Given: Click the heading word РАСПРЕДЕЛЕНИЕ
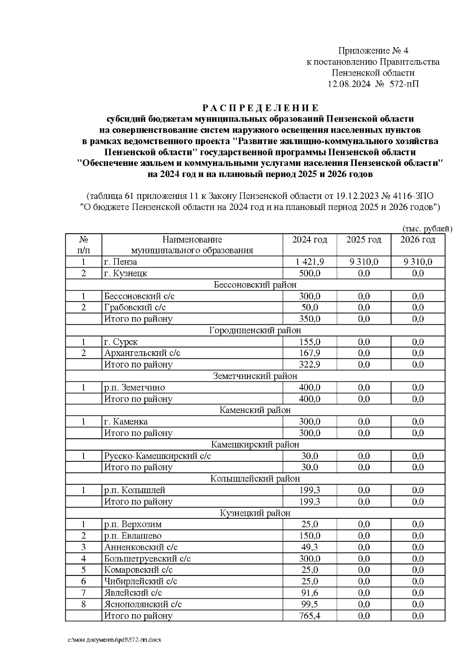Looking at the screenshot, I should click(x=260, y=108).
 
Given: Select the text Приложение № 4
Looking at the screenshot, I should click(x=373, y=51).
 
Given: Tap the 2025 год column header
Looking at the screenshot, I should click(x=363, y=240).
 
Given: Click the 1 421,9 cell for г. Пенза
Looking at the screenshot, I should click(x=310, y=262).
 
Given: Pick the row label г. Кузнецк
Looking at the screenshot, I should click(x=125, y=273).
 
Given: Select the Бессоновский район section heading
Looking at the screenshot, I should click(x=255, y=285).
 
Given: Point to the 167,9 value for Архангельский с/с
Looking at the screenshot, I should click(x=310, y=353).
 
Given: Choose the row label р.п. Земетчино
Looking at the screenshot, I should click(x=135, y=387).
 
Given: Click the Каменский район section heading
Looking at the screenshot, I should click(x=255, y=410).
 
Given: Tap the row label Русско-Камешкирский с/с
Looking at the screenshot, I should click(x=158, y=456).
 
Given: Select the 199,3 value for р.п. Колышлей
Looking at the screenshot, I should click(x=310, y=490).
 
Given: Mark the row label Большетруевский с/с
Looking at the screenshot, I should click(x=147, y=559).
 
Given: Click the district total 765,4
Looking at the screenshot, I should click(x=310, y=616).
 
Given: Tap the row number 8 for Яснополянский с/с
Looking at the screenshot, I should click(x=84, y=604).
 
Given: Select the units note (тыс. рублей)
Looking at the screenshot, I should click(x=427, y=229).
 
